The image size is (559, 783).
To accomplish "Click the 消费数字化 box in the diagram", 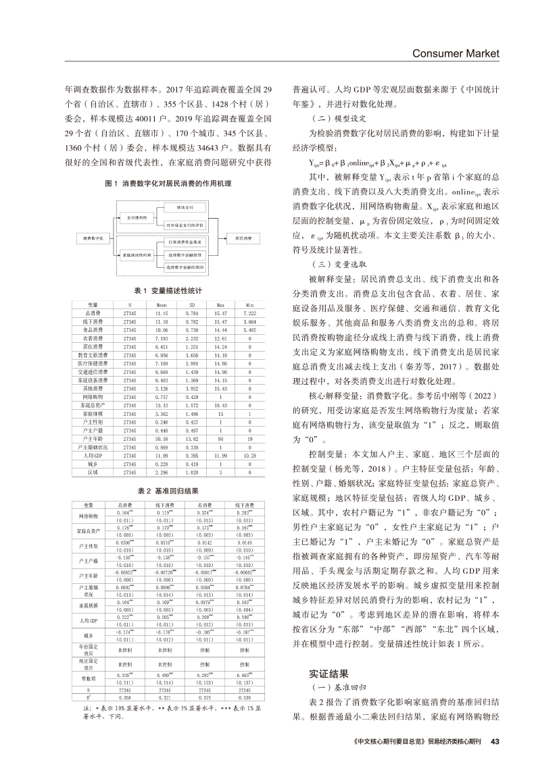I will pyautogui.click(x=93, y=238).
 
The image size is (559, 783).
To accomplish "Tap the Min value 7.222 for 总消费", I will pyautogui.click(x=250, y=313).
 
